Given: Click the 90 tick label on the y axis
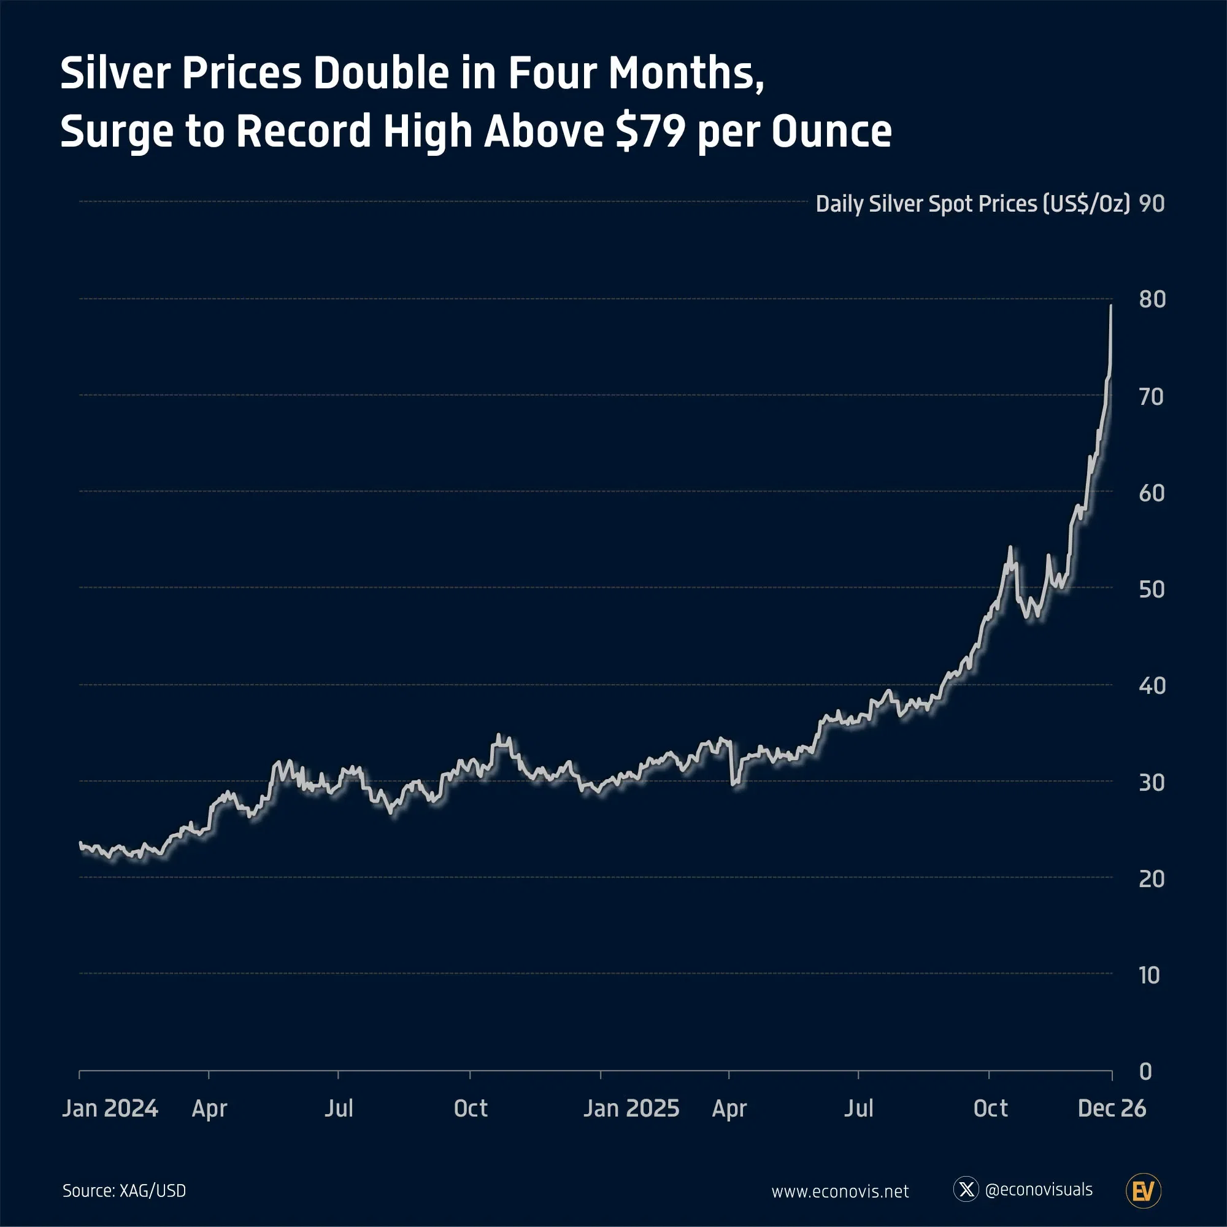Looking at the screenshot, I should [1152, 204].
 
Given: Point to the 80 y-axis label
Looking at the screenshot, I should [1152, 299].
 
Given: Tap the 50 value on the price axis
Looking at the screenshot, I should [1152, 590].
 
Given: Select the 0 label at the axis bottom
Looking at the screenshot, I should [1145, 1071].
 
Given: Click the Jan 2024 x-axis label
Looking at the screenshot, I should [110, 1108].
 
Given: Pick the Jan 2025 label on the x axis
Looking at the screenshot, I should [631, 1108].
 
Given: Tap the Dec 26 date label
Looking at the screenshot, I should [1112, 1108].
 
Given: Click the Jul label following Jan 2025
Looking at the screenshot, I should [859, 1108].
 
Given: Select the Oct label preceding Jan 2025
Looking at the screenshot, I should [471, 1108].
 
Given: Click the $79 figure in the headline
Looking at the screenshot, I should [650, 131].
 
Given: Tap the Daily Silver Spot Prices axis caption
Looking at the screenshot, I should [972, 204].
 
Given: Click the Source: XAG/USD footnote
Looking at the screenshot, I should [124, 1191].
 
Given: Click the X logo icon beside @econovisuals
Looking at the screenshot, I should [966, 1189].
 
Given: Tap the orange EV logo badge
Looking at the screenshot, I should [1143, 1191].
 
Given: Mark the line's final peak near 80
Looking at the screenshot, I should [1111, 306].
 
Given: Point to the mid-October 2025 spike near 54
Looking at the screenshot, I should [1010, 547].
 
